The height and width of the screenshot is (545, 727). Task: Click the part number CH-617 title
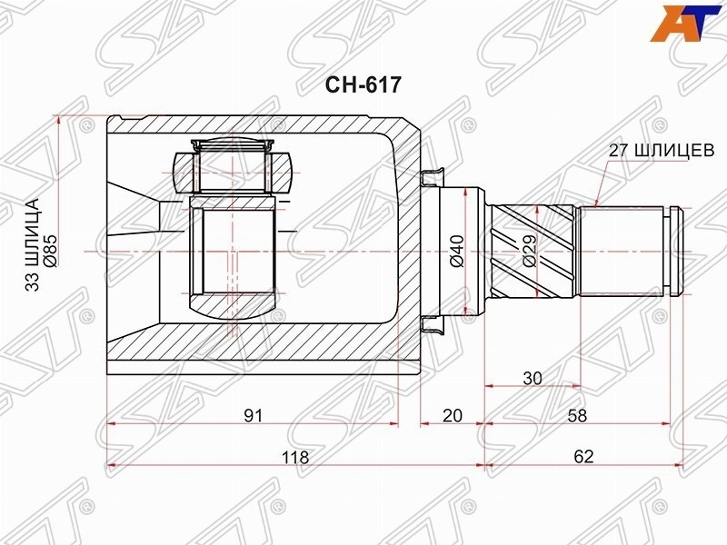tap(363, 84)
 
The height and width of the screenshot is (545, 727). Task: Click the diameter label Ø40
tap(457, 252)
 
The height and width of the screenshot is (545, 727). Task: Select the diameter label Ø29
tap(529, 251)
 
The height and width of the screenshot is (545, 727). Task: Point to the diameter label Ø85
tap(49, 251)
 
